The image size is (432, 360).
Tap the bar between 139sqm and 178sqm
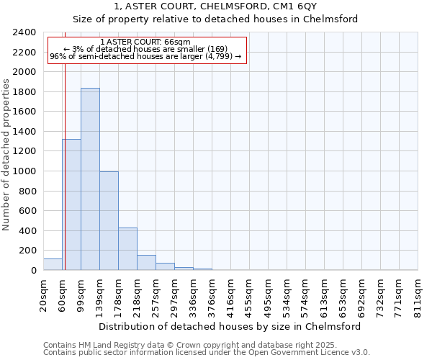click(109, 220)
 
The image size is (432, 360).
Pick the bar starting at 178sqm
click(127, 248)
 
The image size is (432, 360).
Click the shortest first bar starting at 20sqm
click(53, 264)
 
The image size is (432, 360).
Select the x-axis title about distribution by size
click(230, 326)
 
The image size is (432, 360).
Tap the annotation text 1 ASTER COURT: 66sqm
click(146, 42)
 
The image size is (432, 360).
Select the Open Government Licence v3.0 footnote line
click(207, 353)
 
